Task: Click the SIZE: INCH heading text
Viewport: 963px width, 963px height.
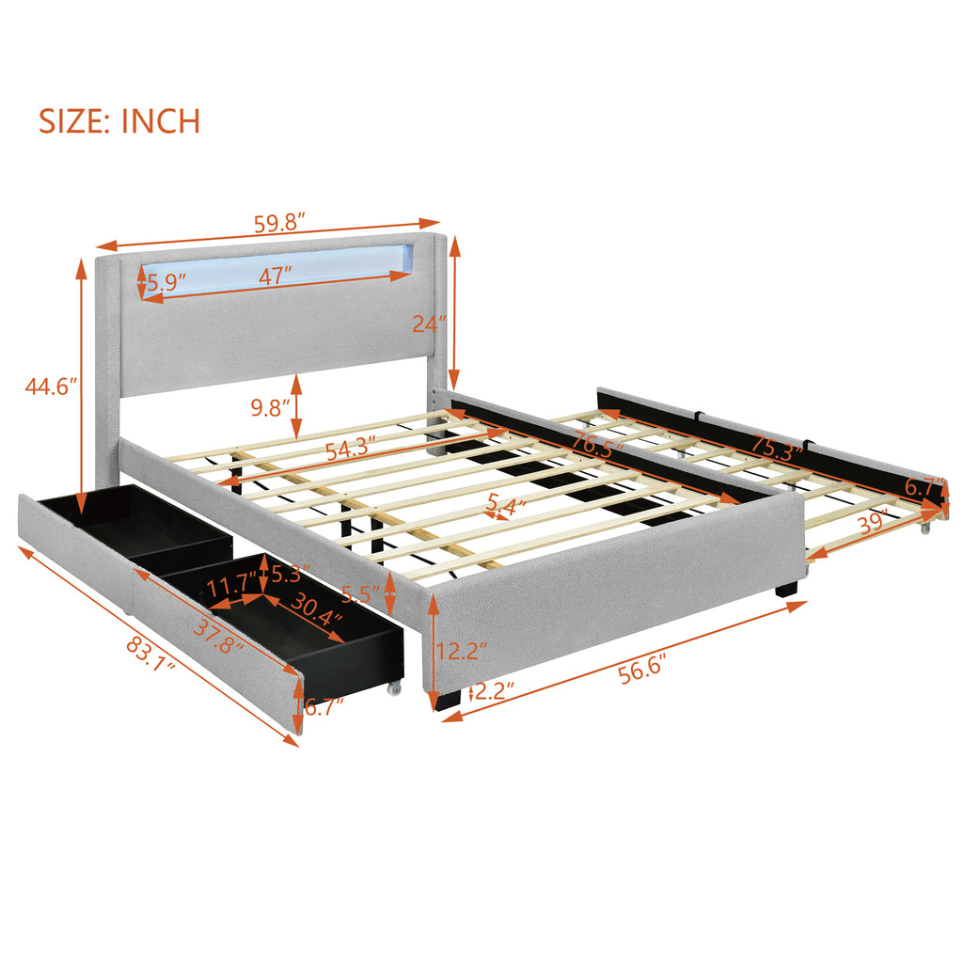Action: click(x=119, y=121)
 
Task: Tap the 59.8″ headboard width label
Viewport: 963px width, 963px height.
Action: click(x=280, y=223)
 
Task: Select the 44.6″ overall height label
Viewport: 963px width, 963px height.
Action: click(x=52, y=387)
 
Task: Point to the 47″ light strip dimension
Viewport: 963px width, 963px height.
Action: click(x=275, y=276)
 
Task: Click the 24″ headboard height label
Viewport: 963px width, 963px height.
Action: click(x=429, y=324)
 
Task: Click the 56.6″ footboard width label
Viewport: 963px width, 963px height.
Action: click(x=642, y=669)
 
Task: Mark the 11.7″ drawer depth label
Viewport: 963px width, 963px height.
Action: click(x=231, y=585)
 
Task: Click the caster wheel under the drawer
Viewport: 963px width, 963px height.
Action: click(x=394, y=688)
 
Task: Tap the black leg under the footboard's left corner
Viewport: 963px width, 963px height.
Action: click(x=447, y=700)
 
